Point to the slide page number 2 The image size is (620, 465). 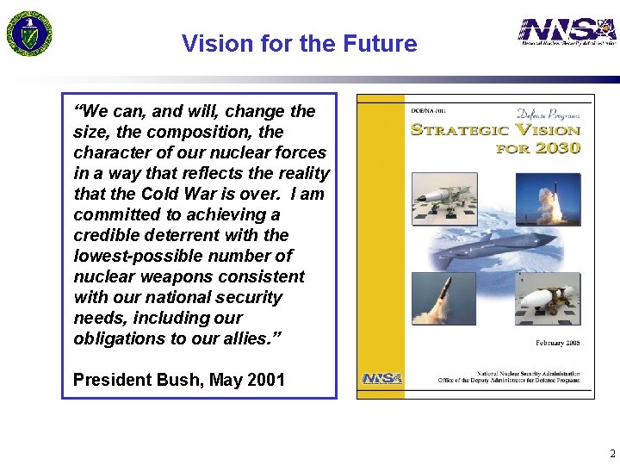[611, 453]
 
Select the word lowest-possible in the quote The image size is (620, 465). [130, 256]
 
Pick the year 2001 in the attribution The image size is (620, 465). [266, 380]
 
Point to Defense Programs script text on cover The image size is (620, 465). [548, 114]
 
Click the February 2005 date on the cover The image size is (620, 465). [557, 343]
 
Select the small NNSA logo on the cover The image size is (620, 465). [381, 378]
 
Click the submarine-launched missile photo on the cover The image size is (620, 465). [443, 299]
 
